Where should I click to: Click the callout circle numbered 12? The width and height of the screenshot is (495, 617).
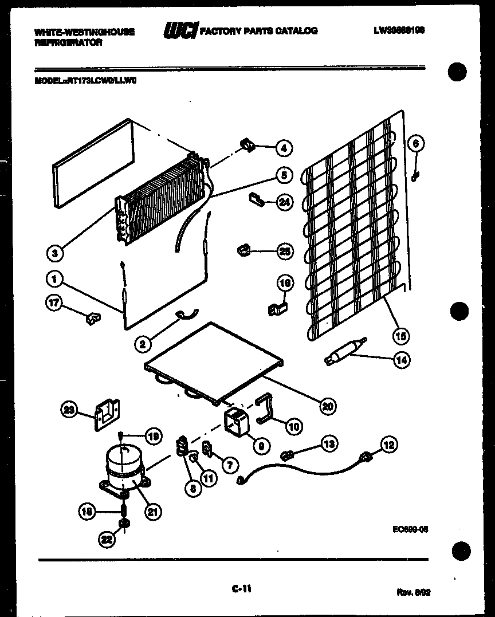[389, 445]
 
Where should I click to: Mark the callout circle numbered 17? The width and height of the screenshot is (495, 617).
[53, 305]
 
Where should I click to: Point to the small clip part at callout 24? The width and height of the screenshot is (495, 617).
[255, 199]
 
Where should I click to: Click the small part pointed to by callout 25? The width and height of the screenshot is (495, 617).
[243, 250]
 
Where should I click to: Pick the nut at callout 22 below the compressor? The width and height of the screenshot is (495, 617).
[122, 524]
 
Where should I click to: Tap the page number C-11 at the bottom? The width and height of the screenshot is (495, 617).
[242, 588]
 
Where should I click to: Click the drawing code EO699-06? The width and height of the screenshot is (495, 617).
[407, 529]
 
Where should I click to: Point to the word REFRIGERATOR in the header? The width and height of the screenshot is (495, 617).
[68, 43]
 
